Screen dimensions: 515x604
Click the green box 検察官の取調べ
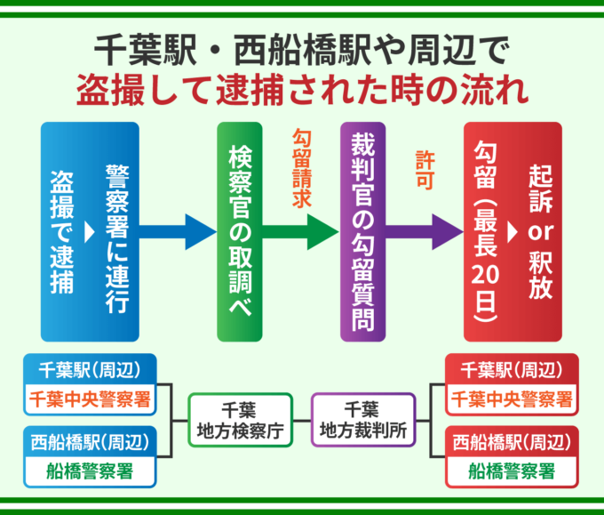coord(242,231)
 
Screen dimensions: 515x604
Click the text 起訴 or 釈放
coord(539,231)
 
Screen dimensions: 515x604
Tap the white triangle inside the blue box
coord(89,232)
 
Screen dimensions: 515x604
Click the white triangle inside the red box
coord(512,232)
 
